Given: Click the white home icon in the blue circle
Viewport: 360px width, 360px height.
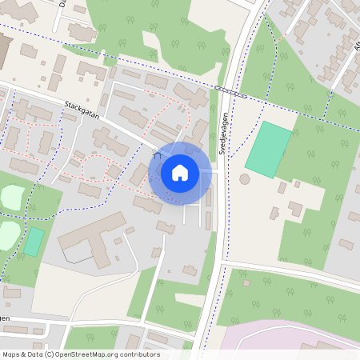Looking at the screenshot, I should point(179,173).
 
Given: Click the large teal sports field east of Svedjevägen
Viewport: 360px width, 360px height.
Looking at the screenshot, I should point(268,150).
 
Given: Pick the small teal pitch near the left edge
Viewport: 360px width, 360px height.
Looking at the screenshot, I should point(33,242).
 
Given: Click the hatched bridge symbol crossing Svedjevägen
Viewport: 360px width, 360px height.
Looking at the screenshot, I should point(230,91).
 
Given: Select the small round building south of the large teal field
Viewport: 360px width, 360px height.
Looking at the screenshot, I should point(244,178).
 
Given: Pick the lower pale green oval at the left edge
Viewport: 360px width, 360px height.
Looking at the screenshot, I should point(6,234).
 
